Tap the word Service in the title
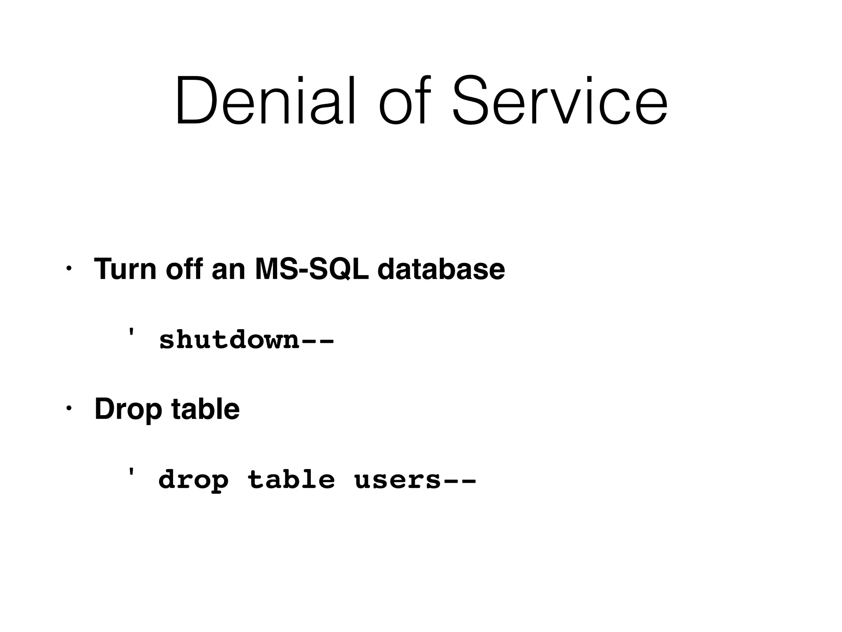[x=559, y=101]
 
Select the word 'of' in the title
[x=405, y=101]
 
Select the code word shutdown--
[x=247, y=340]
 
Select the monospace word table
[x=291, y=480]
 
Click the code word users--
[x=415, y=480]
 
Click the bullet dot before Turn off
[x=69, y=269]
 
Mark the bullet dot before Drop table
[x=69, y=409]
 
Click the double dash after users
[x=459, y=481]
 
